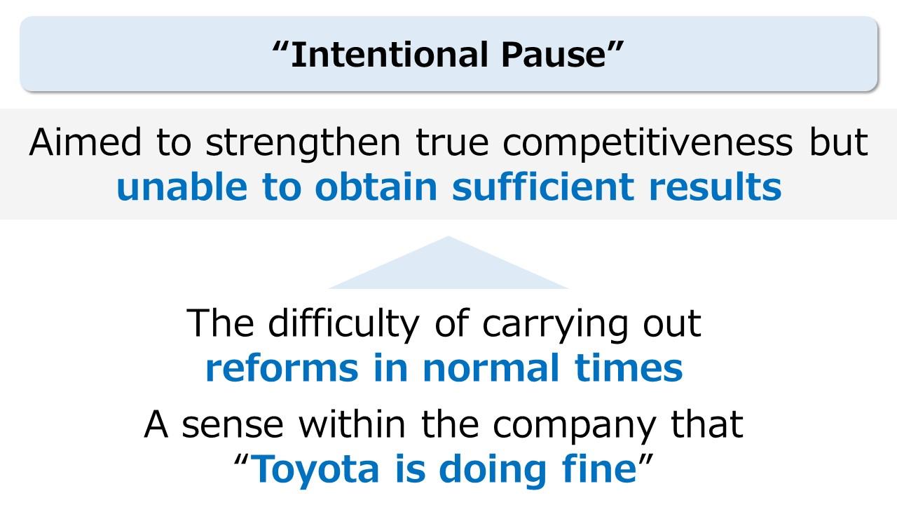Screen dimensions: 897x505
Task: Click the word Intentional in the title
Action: click(x=389, y=54)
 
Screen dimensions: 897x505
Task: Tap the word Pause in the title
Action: click(x=554, y=54)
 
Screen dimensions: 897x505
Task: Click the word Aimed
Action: click(x=85, y=142)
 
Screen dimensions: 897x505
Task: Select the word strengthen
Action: click(x=303, y=144)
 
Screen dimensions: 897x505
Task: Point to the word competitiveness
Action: click(x=648, y=144)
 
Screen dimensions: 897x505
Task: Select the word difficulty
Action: click(x=343, y=325)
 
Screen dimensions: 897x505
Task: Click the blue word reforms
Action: click(x=282, y=368)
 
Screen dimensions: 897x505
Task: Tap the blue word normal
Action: click(x=491, y=368)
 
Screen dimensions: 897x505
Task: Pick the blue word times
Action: click(x=629, y=368)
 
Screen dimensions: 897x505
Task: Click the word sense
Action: click(x=233, y=425)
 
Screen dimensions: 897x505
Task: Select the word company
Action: click(x=574, y=427)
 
